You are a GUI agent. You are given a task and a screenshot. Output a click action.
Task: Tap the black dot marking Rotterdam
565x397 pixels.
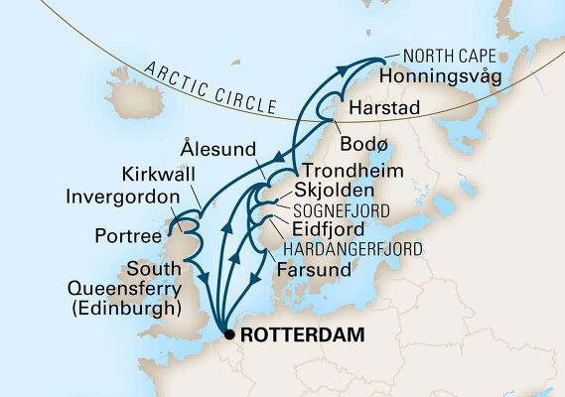tap(230, 335)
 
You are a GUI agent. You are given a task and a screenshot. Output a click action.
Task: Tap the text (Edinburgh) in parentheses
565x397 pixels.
tap(127, 310)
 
